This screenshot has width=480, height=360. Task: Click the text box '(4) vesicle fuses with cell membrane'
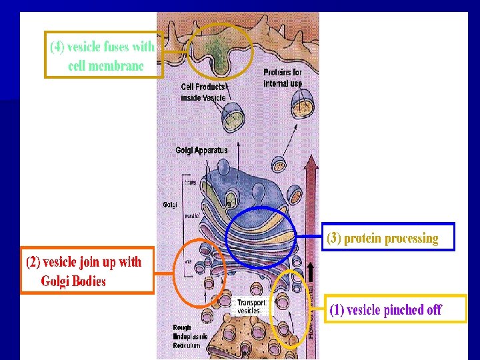point(103,55)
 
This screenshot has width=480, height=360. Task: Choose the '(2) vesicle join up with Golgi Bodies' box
point(85,270)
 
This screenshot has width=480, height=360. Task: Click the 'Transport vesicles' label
point(251,306)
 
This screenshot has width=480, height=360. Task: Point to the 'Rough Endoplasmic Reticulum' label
point(190,337)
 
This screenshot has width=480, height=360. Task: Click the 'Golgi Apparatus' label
point(201,150)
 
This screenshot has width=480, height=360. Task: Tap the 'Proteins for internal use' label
point(283,77)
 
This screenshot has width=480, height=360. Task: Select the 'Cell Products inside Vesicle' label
point(203,93)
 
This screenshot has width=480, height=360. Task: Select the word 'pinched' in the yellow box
point(405,310)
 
